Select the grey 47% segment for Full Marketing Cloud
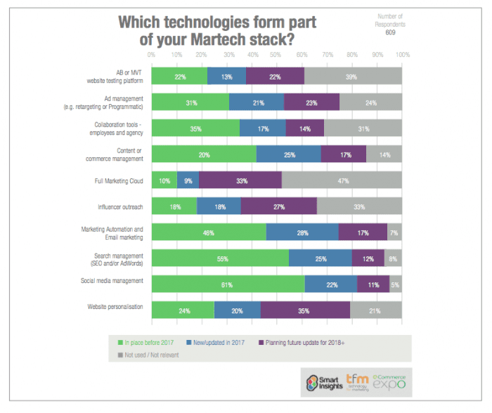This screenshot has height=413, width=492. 342,181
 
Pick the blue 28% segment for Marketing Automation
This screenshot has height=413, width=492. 302,232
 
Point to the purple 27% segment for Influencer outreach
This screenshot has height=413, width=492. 278,206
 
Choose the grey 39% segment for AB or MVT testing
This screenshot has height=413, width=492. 353,76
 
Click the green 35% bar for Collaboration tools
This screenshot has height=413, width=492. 195,129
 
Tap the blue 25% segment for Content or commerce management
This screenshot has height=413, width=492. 289,155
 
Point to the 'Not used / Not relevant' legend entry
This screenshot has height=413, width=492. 150,355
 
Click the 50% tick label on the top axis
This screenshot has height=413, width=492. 277,54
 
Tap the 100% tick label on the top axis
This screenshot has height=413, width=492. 402,54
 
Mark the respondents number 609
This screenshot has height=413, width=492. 390,32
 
